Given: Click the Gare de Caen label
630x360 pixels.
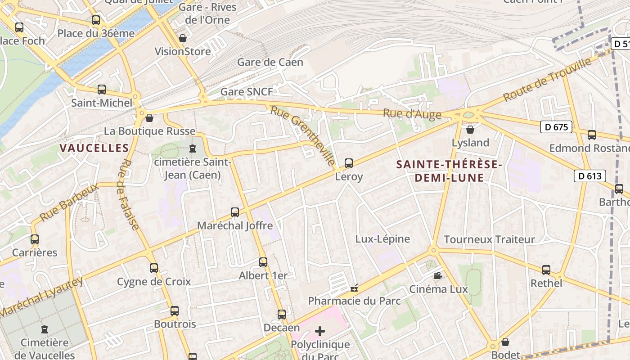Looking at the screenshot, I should pyautogui.click(x=270, y=62).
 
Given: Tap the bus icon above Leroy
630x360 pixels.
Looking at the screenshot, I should pyautogui.click(x=349, y=163).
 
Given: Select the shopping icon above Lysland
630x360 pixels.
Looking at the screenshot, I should pyautogui.click(x=470, y=130).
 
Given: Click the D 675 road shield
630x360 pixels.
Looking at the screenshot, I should pyautogui.click(x=556, y=127).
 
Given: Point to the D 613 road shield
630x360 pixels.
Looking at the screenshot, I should pyautogui.click(x=589, y=176).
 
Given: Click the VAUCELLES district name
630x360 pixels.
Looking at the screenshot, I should pyautogui.click(x=94, y=148).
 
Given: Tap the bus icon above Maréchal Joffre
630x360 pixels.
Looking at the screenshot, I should pyautogui.click(x=235, y=212).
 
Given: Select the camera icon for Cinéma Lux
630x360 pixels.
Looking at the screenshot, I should pyautogui.click(x=438, y=275).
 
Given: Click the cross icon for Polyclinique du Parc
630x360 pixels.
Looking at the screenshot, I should pyautogui.click(x=320, y=332).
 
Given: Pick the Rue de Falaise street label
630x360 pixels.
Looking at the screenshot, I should pyautogui.click(x=129, y=194).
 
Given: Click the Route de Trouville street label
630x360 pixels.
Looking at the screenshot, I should pyautogui.click(x=547, y=80).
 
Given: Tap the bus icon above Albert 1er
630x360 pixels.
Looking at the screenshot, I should pyautogui.click(x=263, y=262).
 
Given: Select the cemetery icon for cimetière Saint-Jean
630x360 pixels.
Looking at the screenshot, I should pyautogui.click(x=193, y=148).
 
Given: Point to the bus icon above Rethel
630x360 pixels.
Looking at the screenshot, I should pyautogui.click(x=546, y=270).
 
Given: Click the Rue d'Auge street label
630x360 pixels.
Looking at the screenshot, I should pyautogui.click(x=412, y=114).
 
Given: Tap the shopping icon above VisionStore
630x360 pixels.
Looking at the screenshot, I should pyautogui.click(x=183, y=38).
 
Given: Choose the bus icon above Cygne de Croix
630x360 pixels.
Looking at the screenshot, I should pyautogui.click(x=154, y=268).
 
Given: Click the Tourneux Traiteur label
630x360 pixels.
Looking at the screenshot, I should pyautogui.click(x=489, y=239).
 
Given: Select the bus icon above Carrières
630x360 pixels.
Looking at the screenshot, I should pyautogui.click(x=35, y=239).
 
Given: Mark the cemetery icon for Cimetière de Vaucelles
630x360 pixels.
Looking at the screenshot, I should pyautogui.click(x=44, y=329).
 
